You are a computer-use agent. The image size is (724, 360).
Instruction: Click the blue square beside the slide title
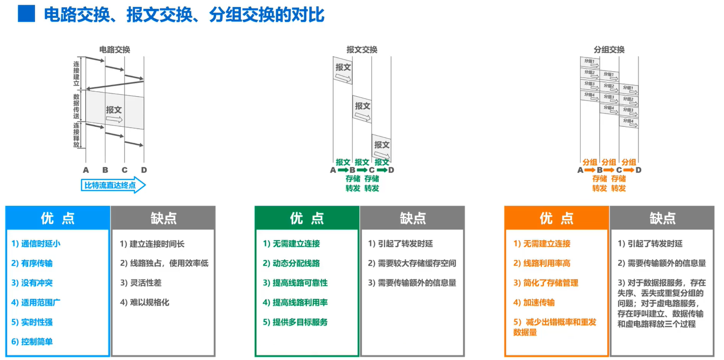(26, 13)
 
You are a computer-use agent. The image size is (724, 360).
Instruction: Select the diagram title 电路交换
(115, 49)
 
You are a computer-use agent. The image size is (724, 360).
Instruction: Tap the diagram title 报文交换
(362, 49)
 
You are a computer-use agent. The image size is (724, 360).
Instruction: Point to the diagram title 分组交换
(609, 49)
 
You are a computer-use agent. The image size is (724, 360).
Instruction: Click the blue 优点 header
(57, 218)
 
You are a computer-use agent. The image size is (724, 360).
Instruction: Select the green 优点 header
(307, 218)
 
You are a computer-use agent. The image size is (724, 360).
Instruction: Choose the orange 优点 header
(557, 218)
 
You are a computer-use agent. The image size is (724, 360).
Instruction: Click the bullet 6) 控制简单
(32, 342)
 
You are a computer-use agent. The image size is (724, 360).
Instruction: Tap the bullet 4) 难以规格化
(145, 303)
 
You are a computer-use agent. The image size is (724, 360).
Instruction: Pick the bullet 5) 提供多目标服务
(295, 322)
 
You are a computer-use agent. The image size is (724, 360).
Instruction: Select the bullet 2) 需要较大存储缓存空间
(412, 263)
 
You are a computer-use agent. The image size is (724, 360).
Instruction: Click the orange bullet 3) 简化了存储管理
(546, 283)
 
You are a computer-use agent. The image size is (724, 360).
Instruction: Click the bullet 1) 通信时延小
(36, 244)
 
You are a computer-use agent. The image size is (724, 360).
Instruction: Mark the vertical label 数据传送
(76, 106)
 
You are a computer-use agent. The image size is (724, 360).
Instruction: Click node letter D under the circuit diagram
(144, 170)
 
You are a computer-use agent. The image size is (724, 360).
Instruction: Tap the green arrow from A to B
(343, 170)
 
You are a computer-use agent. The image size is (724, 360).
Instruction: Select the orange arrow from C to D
(629, 170)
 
